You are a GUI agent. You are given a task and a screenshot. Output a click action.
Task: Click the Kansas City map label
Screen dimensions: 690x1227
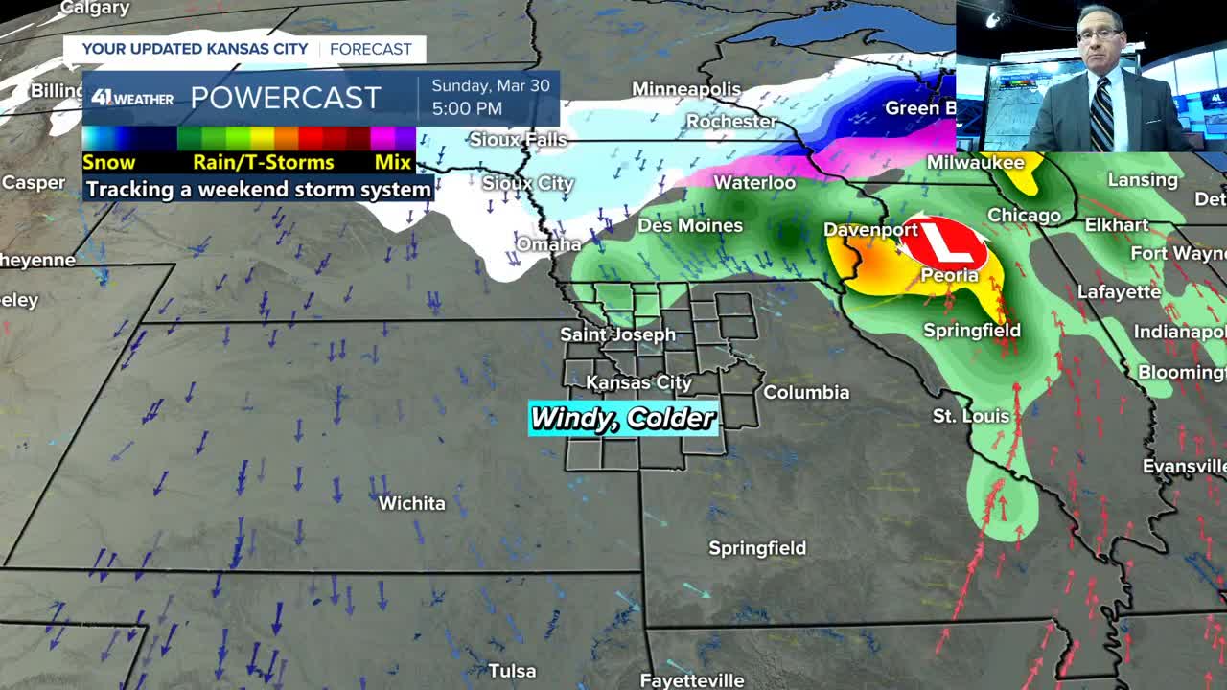pyautogui.click(x=638, y=382)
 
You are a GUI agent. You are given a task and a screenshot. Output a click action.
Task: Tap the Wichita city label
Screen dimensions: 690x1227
pyautogui.click(x=411, y=503)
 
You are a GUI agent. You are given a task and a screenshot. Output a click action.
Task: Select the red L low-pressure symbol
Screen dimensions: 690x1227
pyautogui.click(x=944, y=241)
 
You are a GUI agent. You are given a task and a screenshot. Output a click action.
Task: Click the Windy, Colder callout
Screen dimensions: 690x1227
pyautogui.click(x=623, y=418)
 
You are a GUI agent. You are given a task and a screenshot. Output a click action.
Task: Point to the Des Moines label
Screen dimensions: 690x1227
pyautogui.click(x=690, y=225)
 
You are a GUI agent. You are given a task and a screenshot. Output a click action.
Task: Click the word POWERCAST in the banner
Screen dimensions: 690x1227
pyautogui.click(x=286, y=98)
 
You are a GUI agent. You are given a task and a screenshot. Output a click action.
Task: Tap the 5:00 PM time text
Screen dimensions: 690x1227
pyautogui.click(x=467, y=108)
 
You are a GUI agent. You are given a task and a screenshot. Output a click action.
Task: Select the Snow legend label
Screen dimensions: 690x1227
pyautogui.click(x=108, y=162)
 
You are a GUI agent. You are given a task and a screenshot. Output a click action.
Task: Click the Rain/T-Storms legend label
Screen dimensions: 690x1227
pyautogui.click(x=264, y=162)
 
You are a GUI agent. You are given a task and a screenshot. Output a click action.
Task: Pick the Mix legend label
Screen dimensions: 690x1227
pyautogui.click(x=393, y=162)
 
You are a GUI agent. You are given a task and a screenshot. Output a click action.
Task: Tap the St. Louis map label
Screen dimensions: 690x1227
pyautogui.click(x=971, y=416)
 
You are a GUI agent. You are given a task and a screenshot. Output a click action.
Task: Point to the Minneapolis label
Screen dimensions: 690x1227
pyautogui.click(x=685, y=89)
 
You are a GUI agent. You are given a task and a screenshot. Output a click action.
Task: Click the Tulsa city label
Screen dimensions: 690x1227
pyautogui.click(x=511, y=670)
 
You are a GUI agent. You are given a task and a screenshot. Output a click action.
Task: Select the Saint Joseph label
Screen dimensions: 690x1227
pyautogui.click(x=617, y=334)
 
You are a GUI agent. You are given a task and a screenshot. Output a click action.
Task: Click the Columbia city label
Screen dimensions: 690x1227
pyautogui.click(x=806, y=392)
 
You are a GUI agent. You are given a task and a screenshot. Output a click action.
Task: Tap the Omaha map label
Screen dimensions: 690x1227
pyautogui.click(x=548, y=244)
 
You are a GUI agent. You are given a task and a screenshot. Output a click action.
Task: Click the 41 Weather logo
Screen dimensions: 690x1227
pyautogui.click(x=132, y=98)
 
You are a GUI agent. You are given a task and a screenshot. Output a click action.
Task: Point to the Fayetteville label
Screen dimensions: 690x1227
pyautogui.click(x=691, y=680)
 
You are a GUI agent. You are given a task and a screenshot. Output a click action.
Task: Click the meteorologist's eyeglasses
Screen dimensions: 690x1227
pyautogui.click(x=1099, y=34)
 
